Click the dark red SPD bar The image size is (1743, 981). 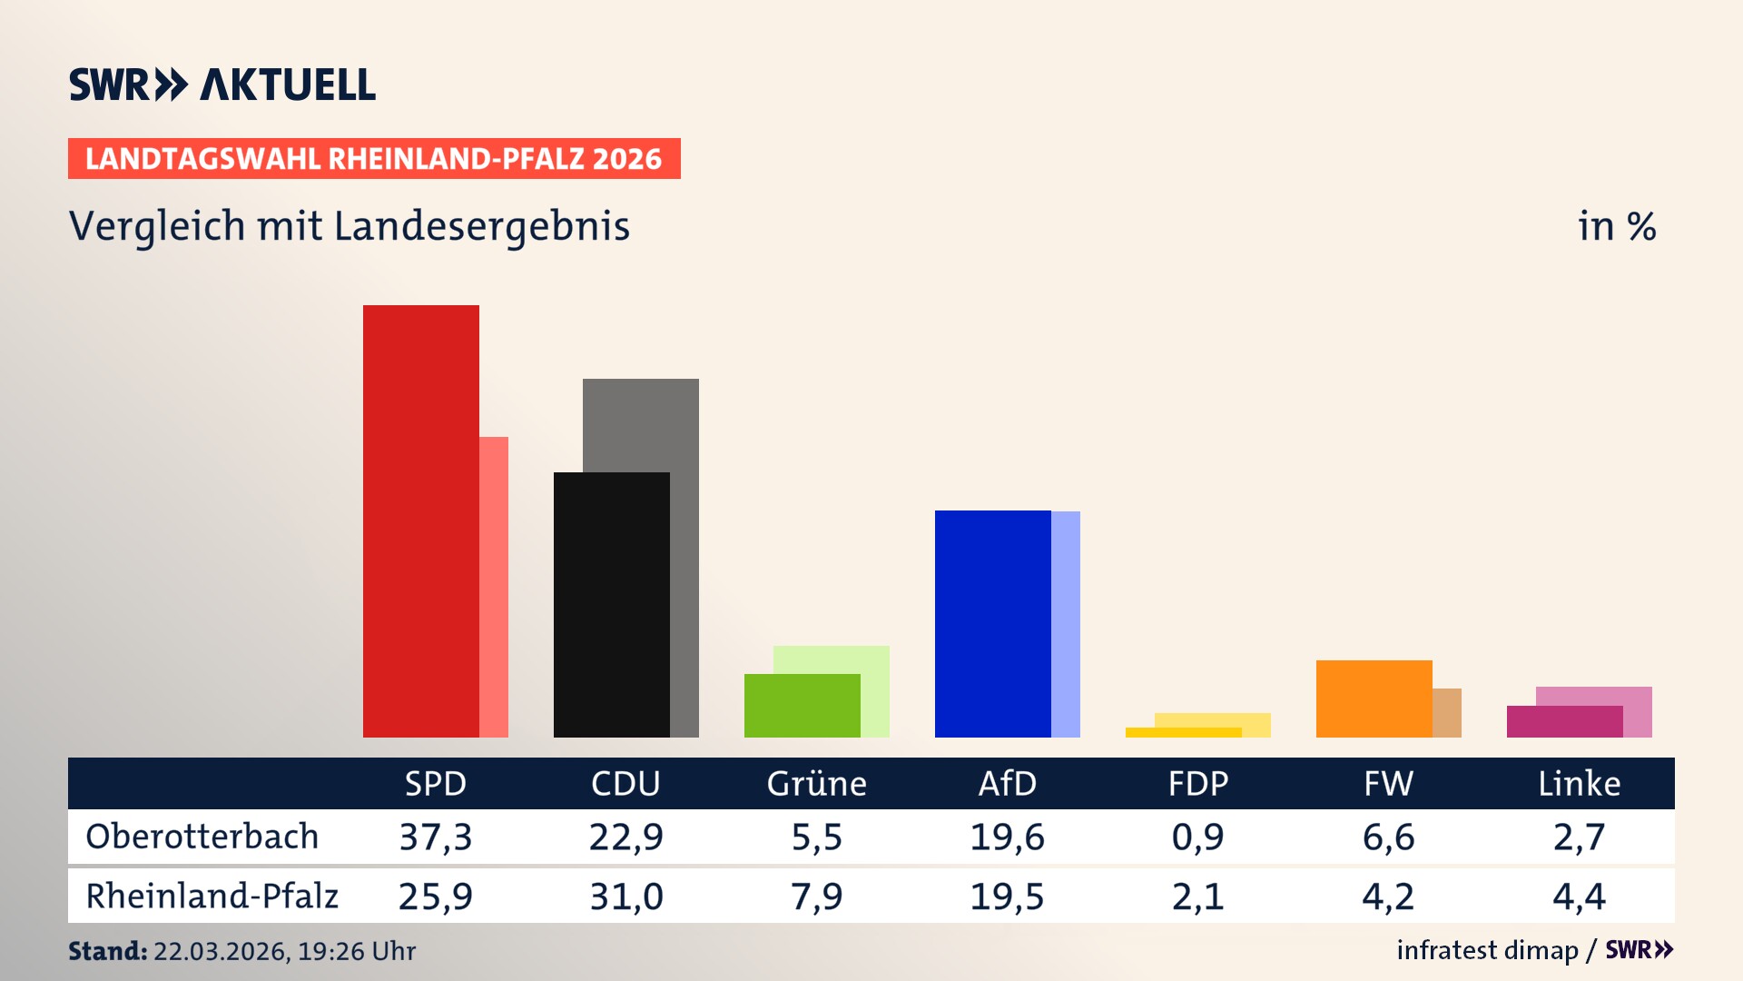click(420, 522)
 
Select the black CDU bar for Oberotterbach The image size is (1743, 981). click(611, 605)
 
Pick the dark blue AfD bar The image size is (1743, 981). click(992, 624)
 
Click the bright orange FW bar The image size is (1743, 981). click(1374, 699)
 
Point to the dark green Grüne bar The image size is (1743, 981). click(802, 706)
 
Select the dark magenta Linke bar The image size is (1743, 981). click(1564, 722)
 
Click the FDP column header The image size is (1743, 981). click(1197, 784)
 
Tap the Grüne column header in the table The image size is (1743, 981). click(816, 784)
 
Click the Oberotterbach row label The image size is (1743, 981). click(202, 837)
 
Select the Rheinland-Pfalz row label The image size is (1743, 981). click(212, 897)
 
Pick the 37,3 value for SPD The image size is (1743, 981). click(436, 837)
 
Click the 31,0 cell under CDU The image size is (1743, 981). click(626, 897)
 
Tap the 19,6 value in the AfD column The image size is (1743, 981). click(1007, 837)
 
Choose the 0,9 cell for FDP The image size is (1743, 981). click(1197, 837)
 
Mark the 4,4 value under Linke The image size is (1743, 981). click(1579, 897)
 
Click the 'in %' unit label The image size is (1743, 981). click(1617, 226)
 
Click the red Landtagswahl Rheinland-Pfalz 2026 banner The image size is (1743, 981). click(374, 159)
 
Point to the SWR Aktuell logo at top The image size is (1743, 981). click(222, 84)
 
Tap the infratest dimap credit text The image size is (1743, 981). click(1487, 950)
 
